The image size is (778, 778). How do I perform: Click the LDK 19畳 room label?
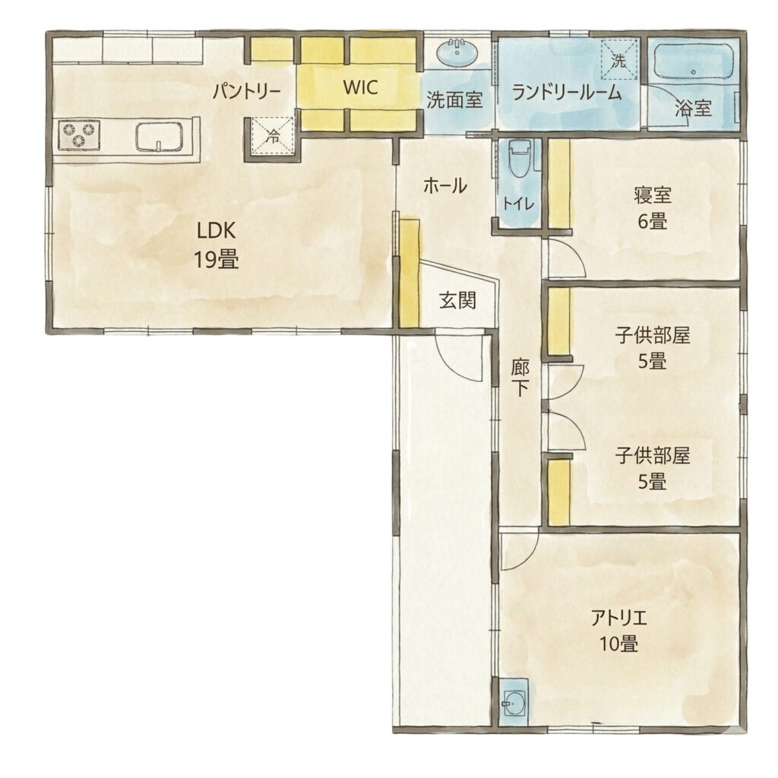pyautogui.click(x=216, y=245)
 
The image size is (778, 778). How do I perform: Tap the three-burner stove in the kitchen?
pyautogui.click(x=79, y=135)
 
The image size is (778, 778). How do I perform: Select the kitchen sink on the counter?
pyautogui.click(x=160, y=137)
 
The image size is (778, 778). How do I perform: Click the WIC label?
pyautogui.click(x=361, y=87)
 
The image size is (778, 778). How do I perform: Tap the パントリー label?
pyautogui.click(x=247, y=92)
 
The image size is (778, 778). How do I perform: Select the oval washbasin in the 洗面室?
pyautogui.click(x=457, y=52)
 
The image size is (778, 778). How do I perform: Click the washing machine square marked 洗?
pyautogui.click(x=618, y=59)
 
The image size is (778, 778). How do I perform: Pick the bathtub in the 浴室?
pyautogui.click(x=694, y=62)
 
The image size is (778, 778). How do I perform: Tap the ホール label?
pyautogui.click(x=445, y=186)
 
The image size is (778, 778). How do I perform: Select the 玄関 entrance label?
pyautogui.click(x=457, y=300)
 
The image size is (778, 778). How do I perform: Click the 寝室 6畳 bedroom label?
pyautogui.click(x=653, y=208)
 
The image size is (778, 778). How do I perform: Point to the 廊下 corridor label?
pyautogui.click(x=520, y=378)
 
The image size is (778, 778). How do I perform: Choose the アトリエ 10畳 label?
pyautogui.click(x=618, y=631)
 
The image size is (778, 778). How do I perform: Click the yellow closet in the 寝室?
pyautogui.click(x=559, y=185)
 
